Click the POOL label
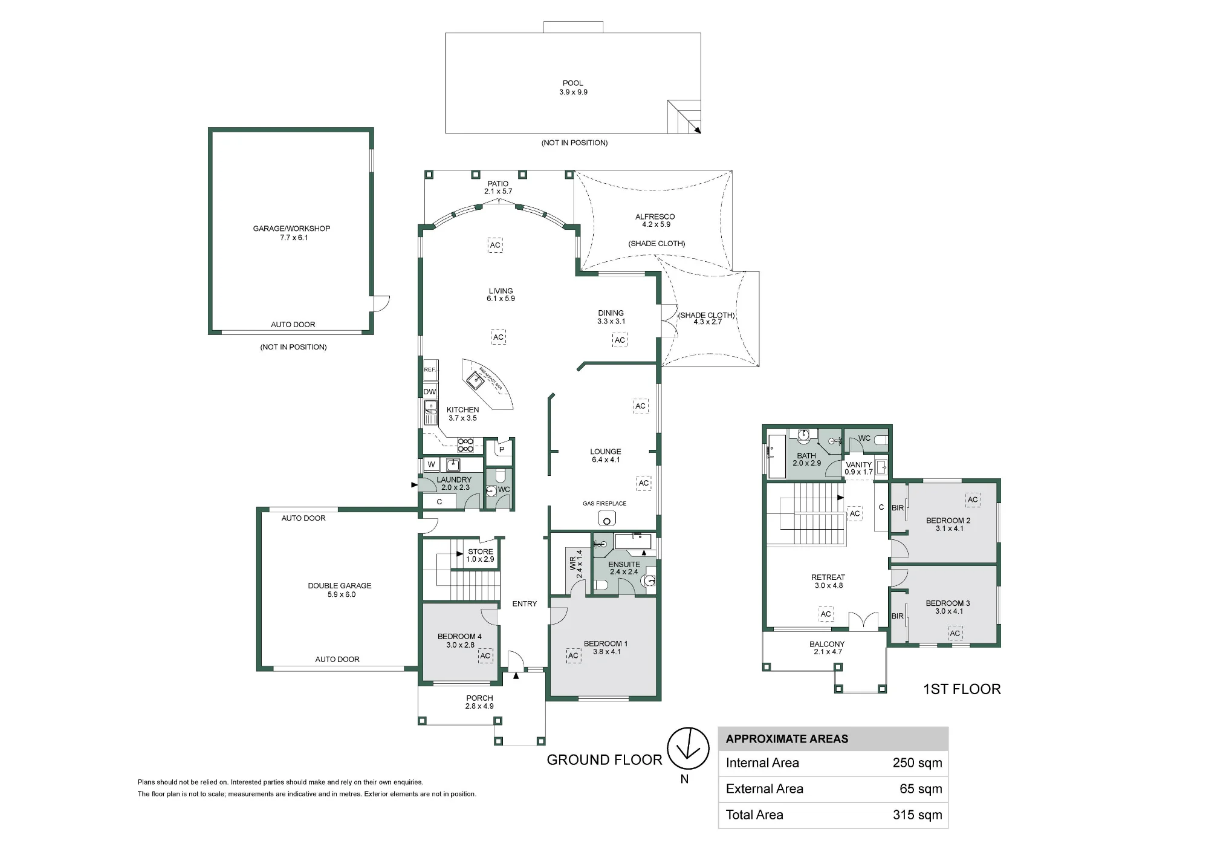click(573, 83)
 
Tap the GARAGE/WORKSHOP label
click(291, 229)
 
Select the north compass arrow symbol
click(688, 748)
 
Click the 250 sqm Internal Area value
click(917, 763)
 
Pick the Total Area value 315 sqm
click(917, 815)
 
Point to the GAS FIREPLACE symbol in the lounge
click(606, 518)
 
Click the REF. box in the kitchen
click(430, 369)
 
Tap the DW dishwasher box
click(430, 392)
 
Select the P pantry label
click(502, 450)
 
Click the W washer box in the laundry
click(431, 464)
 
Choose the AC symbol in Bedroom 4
click(485, 655)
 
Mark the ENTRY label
click(525, 603)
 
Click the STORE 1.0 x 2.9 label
click(481, 555)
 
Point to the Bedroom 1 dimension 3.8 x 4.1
click(607, 652)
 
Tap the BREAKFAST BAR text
click(491, 378)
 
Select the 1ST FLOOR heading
click(962, 689)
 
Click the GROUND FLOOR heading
click(604, 760)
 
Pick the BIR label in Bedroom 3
click(898, 616)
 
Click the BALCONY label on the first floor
click(827, 645)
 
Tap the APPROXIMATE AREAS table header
click(787, 739)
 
